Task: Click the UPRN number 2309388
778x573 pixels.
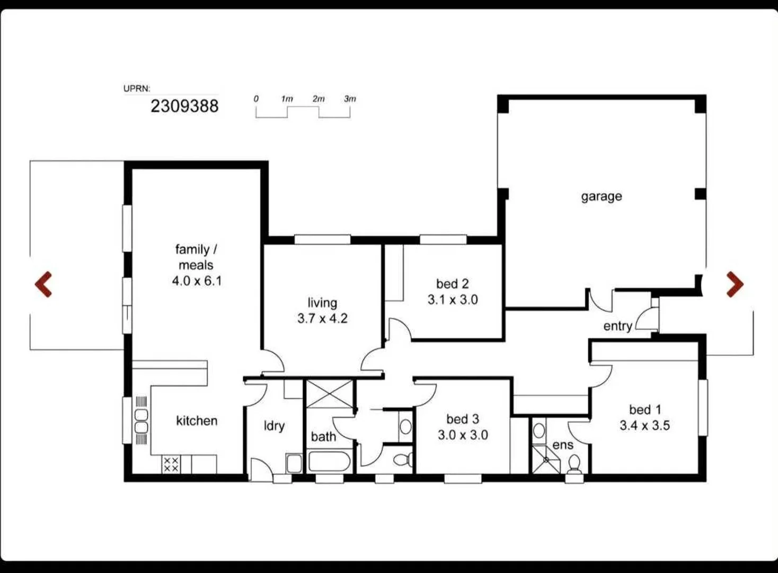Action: point(184,106)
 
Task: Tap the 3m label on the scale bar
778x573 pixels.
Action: point(350,99)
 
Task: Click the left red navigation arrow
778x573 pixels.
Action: point(43,284)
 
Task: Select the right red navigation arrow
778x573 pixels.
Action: point(735,284)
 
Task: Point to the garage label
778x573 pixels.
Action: point(602,196)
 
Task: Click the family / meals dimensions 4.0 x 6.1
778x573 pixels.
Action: point(197,281)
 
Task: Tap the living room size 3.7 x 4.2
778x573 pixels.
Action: point(322,318)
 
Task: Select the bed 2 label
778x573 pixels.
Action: point(452,284)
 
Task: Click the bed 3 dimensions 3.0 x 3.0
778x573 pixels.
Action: point(463,435)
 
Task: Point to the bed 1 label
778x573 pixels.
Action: point(645,410)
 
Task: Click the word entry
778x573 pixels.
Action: point(617,326)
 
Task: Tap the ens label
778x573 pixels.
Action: point(562,445)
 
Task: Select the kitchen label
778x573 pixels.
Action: point(197,421)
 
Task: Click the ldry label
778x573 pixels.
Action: point(274,426)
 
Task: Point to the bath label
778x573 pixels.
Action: point(323,437)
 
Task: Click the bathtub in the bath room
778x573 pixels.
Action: point(329,462)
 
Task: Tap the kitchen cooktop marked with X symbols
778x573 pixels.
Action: point(171,465)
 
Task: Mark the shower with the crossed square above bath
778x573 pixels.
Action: point(329,394)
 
